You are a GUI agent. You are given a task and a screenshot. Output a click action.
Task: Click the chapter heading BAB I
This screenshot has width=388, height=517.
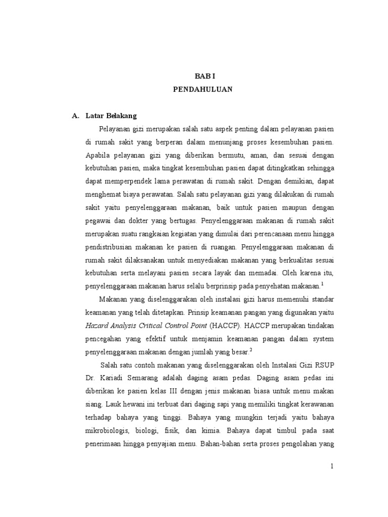tap(205, 76)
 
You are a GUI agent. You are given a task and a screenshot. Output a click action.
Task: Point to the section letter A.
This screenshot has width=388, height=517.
tap(76, 116)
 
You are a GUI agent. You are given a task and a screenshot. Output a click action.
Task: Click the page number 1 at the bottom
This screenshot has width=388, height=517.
tap(332, 467)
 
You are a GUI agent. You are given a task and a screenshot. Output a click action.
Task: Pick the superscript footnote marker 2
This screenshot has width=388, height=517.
tap(251, 349)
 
